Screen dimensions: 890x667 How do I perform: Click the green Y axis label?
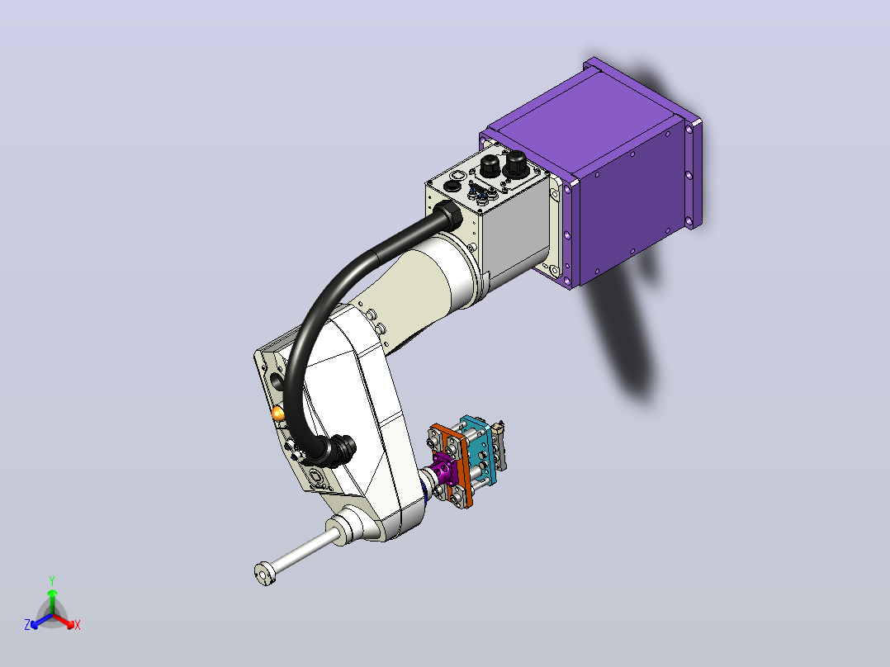pos(52,580)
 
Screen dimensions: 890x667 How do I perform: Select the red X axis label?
pos(78,625)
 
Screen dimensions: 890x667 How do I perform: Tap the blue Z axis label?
pos(27,624)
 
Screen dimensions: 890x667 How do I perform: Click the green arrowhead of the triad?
pos(52,593)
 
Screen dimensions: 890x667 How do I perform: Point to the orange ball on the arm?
pos(278,414)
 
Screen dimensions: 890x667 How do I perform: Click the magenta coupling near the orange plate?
pos(444,467)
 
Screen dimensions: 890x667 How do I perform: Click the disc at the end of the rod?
pos(264,574)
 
